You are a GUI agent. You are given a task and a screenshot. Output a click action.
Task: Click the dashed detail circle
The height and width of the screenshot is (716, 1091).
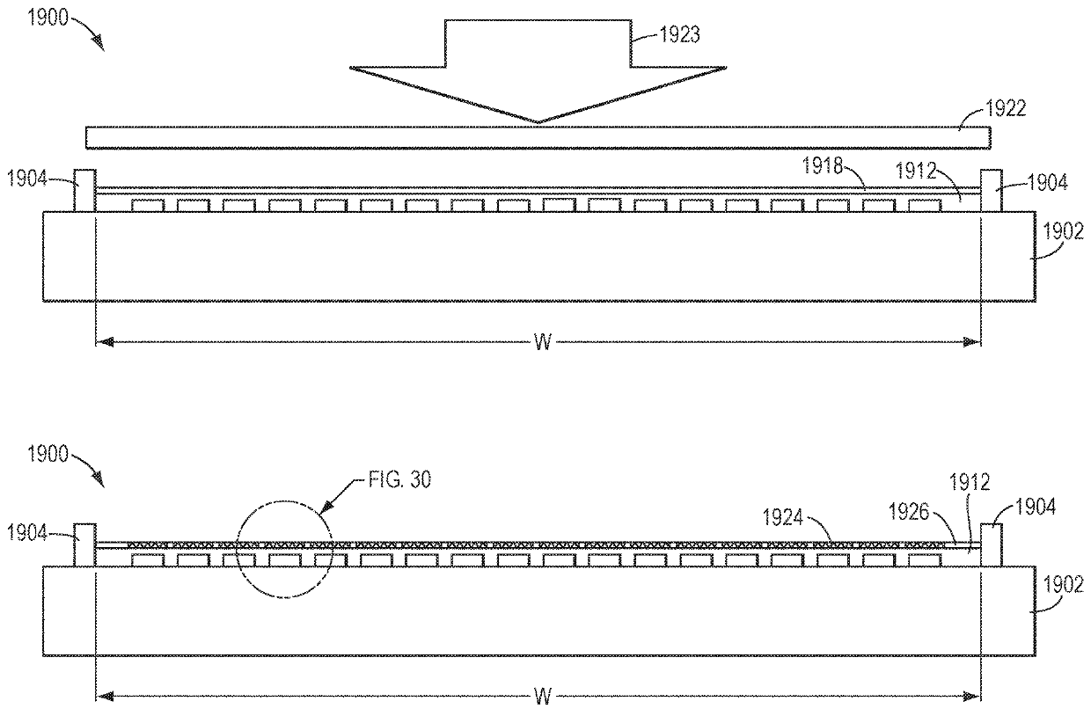[285, 551]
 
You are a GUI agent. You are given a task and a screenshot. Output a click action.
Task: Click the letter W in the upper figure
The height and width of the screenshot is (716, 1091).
[543, 342]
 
